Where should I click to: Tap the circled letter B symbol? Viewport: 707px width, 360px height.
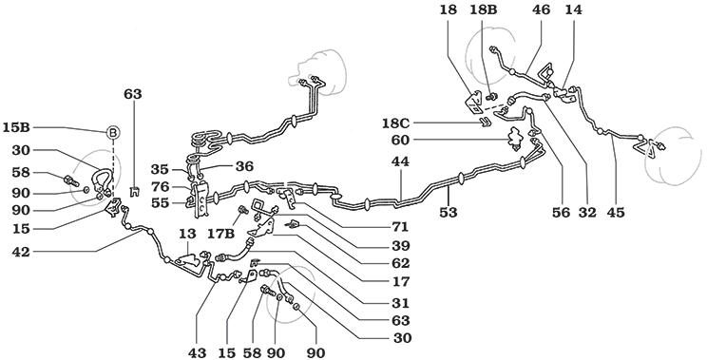click(x=113, y=132)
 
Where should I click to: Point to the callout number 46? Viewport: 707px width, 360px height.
click(x=541, y=10)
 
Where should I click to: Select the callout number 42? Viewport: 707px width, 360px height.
click(x=20, y=254)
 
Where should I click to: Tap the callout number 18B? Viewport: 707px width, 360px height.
click(x=485, y=10)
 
